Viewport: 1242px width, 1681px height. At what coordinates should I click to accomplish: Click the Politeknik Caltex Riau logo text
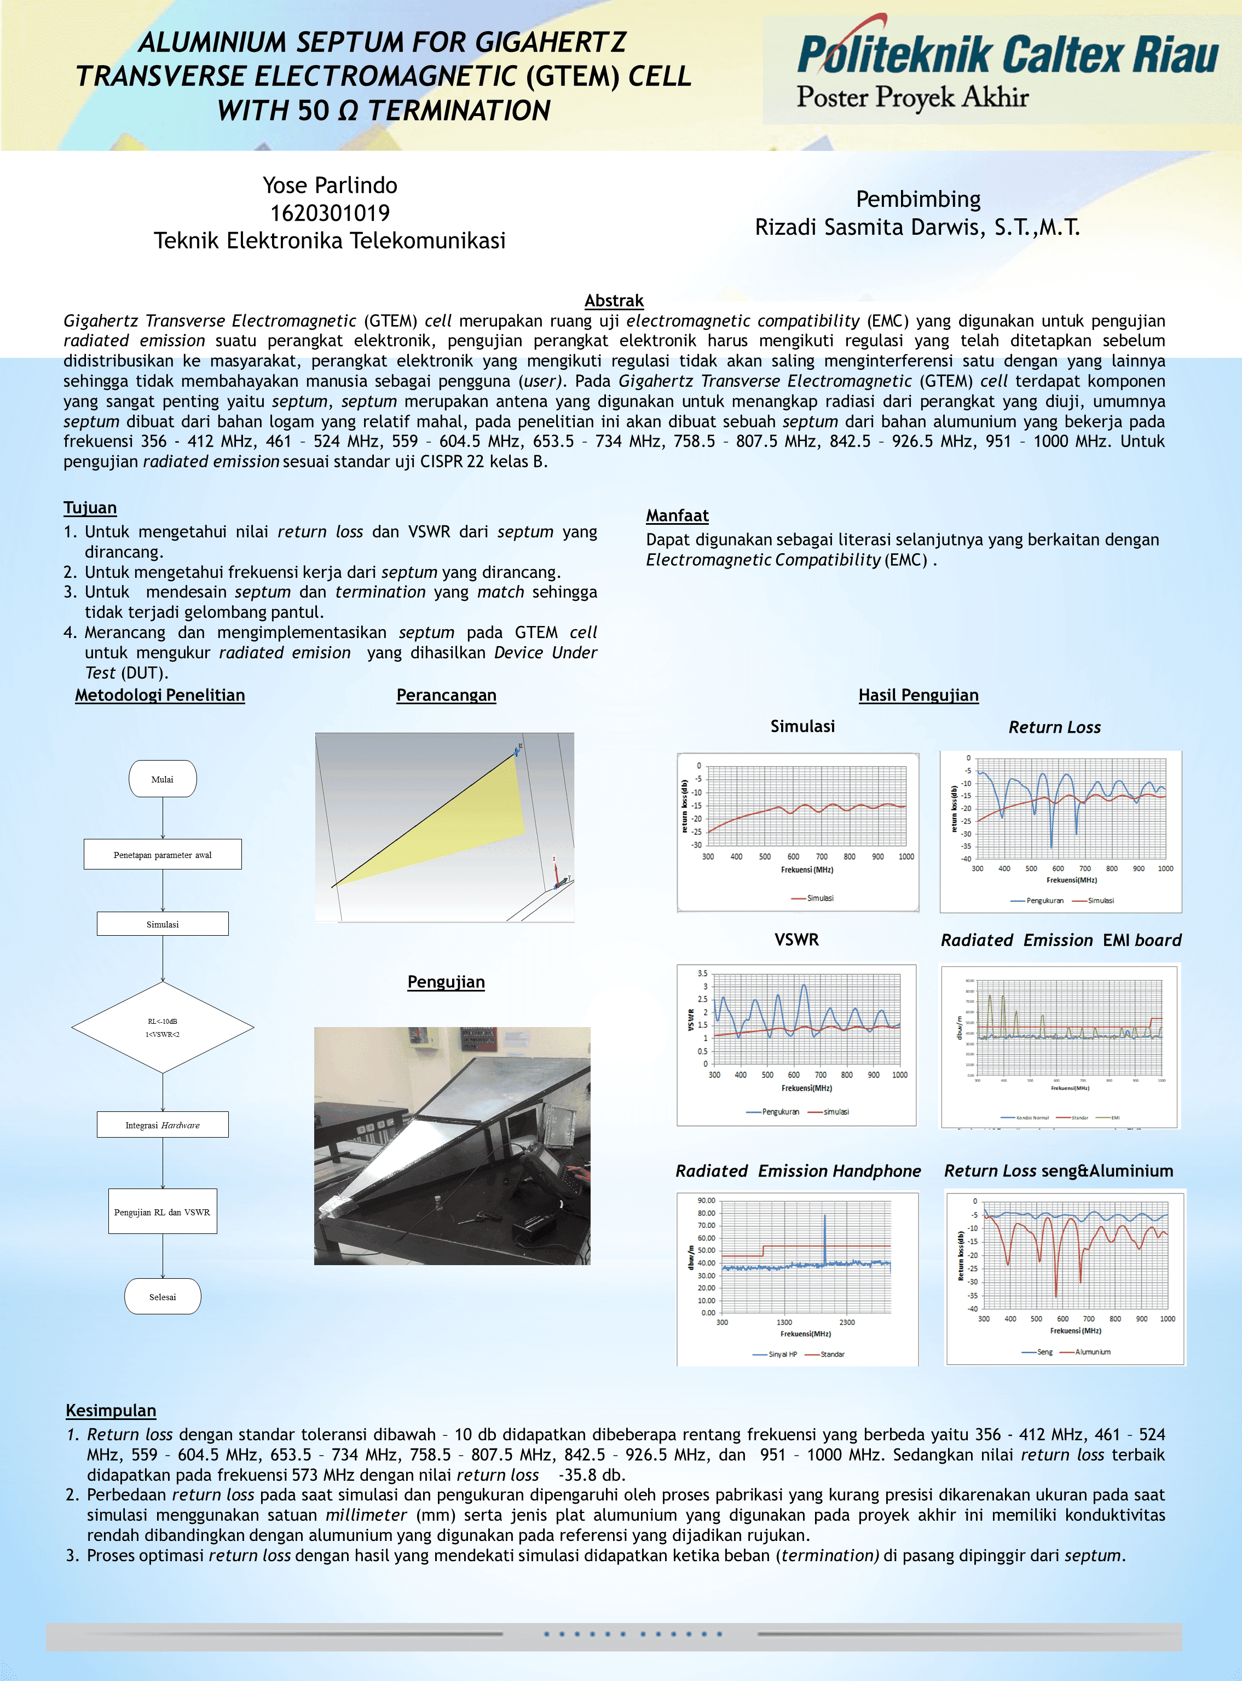[x=1007, y=55]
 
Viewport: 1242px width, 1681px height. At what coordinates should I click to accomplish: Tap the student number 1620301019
[x=330, y=213]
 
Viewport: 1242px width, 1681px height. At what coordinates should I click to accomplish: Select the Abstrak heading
[x=614, y=300]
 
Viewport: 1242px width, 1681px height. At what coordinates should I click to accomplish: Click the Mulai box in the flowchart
[x=163, y=779]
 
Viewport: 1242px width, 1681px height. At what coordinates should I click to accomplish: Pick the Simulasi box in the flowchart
[x=163, y=924]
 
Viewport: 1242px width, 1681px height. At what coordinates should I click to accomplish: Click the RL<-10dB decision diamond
[x=163, y=1027]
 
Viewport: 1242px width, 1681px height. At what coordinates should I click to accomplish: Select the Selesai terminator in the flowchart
[x=163, y=1297]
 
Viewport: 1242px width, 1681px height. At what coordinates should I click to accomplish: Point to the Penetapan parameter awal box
[x=163, y=854]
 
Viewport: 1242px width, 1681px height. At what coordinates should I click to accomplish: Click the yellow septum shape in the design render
[x=466, y=819]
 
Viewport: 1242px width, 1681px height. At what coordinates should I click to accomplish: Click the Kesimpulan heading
[x=111, y=1411]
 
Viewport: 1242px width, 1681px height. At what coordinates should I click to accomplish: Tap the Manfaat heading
[x=677, y=515]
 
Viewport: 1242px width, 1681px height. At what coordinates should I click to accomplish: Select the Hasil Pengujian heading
[x=918, y=695]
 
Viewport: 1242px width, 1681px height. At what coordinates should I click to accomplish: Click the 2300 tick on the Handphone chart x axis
[x=847, y=1323]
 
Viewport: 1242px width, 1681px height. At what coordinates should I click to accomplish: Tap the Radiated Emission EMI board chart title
[x=1060, y=940]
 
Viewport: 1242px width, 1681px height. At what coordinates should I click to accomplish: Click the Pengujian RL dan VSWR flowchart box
[x=163, y=1212]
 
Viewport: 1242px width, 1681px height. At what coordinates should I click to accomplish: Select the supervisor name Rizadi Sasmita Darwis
[x=917, y=227]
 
